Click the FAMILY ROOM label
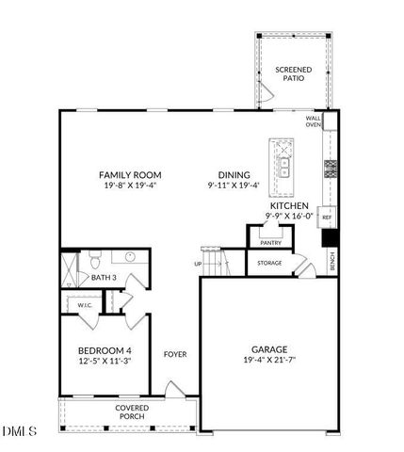coord(131,175)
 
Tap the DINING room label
coord(234,175)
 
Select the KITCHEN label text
coord(289,205)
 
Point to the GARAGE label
coord(269,348)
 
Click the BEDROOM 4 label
coord(104,350)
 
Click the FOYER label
coord(175,355)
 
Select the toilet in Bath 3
coord(94,258)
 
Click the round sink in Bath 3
coord(130,257)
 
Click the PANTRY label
coord(270,243)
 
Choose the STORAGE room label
coord(269,264)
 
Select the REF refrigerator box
coord(327,218)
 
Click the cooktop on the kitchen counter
coord(331,169)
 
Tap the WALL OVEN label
coord(313,121)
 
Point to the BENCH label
coord(332,263)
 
